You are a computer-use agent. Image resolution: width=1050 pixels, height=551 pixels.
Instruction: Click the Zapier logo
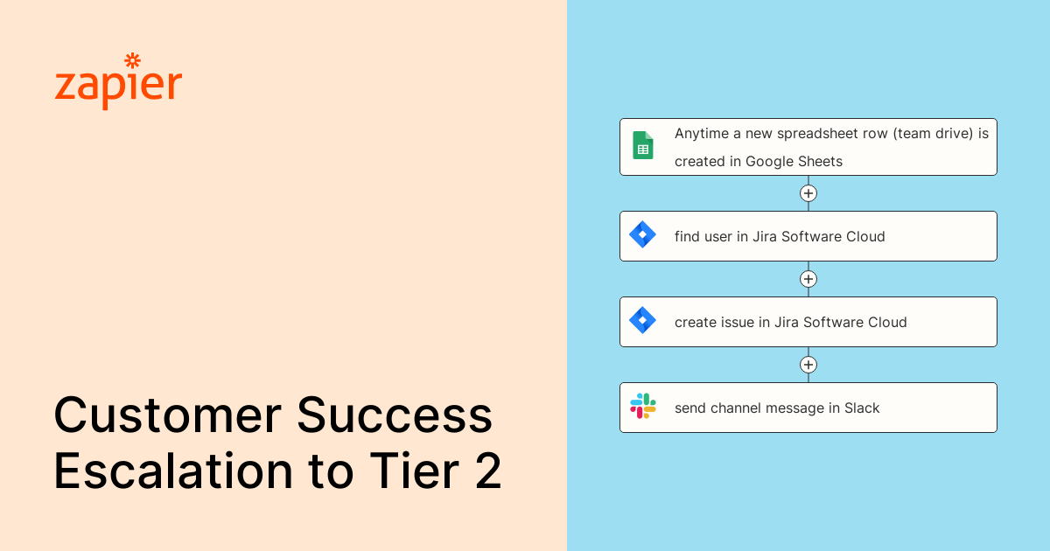pos(118,86)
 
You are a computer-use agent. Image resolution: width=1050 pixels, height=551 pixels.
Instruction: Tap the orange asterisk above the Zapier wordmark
pos(133,60)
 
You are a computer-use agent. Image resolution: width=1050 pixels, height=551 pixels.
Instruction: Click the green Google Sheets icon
pos(643,145)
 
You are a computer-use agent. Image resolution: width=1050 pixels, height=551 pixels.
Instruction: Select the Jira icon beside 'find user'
pos(643,235)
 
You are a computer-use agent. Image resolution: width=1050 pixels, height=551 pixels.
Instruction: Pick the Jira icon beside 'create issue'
pos(643,321)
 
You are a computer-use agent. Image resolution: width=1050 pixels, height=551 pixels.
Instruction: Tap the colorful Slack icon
pos(643,407)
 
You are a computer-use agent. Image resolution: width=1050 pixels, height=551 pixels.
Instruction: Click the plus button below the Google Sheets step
pos(808,193)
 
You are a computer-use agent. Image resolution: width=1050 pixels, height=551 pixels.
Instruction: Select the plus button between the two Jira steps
pos(808,279)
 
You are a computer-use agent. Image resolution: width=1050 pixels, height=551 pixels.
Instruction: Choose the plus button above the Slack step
pos(808,365)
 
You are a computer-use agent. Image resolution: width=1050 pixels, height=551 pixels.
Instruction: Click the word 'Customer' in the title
pos(167,415)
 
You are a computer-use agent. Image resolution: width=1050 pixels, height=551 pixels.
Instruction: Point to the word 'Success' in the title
pos(395,415)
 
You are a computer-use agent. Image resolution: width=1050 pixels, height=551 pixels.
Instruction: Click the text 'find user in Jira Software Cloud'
pos(780,236)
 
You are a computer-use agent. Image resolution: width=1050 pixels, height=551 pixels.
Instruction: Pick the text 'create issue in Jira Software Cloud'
pos(790,322)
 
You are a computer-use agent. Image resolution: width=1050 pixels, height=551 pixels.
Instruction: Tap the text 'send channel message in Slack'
pos(777,408)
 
